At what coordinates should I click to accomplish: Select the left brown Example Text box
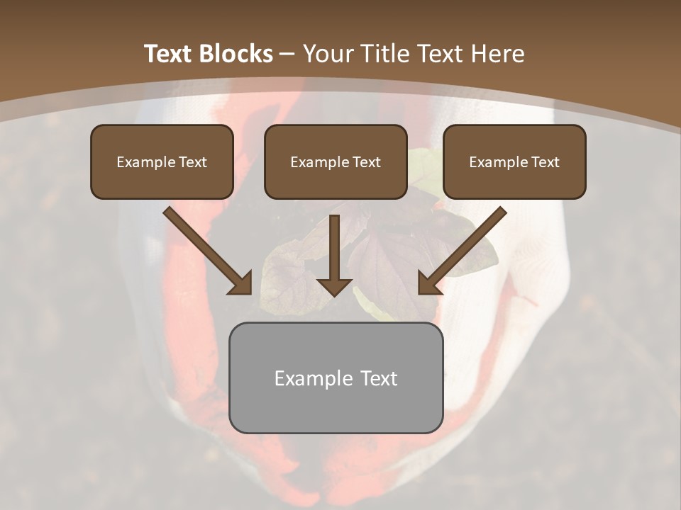point(162,161)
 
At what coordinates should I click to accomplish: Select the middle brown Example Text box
point(336,161)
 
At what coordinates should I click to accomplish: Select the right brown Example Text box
point(514,161)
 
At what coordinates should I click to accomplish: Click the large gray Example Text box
point(336,378)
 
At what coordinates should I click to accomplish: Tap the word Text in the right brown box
point(546,162)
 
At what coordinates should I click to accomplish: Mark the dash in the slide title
point(288,55)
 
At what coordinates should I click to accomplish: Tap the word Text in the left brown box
point(193,162)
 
